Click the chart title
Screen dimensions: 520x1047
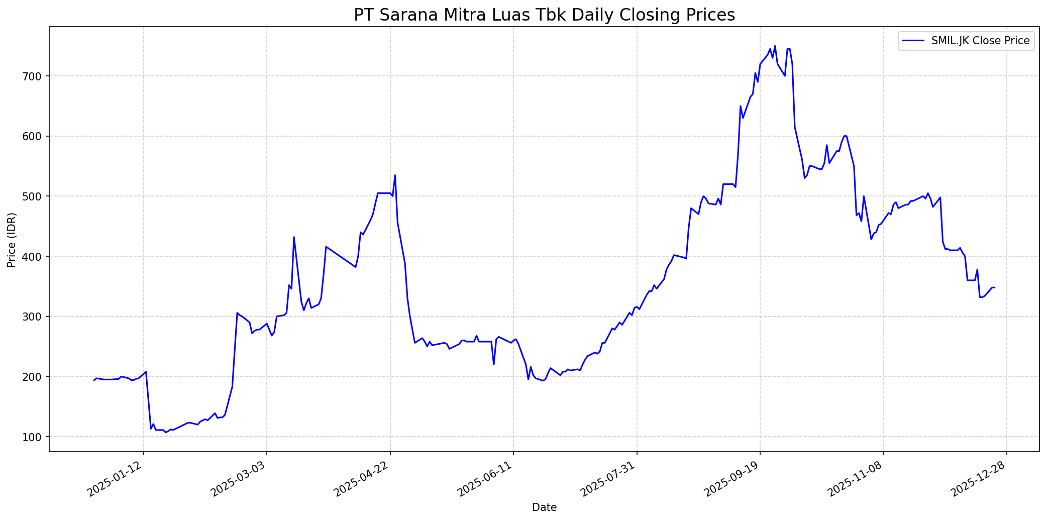click(544, 15)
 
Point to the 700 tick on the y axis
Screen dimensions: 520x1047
click(40, 76)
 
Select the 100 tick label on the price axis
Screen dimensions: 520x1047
click(40, 437)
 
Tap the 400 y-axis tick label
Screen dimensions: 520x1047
click(40, 257)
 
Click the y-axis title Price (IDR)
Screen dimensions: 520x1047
click(12, 240)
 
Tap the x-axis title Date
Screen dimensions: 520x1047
click(544, 507)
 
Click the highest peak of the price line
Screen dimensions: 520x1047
click(775, 46)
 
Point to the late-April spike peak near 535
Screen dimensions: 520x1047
click(395, 175)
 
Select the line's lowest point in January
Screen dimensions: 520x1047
click(166, 432)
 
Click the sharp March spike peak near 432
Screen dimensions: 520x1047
click(294, 237)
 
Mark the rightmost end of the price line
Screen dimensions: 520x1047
click(995, 287)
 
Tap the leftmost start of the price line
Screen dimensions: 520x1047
click(94, 380)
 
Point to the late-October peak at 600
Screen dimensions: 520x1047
click(845, 136)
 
